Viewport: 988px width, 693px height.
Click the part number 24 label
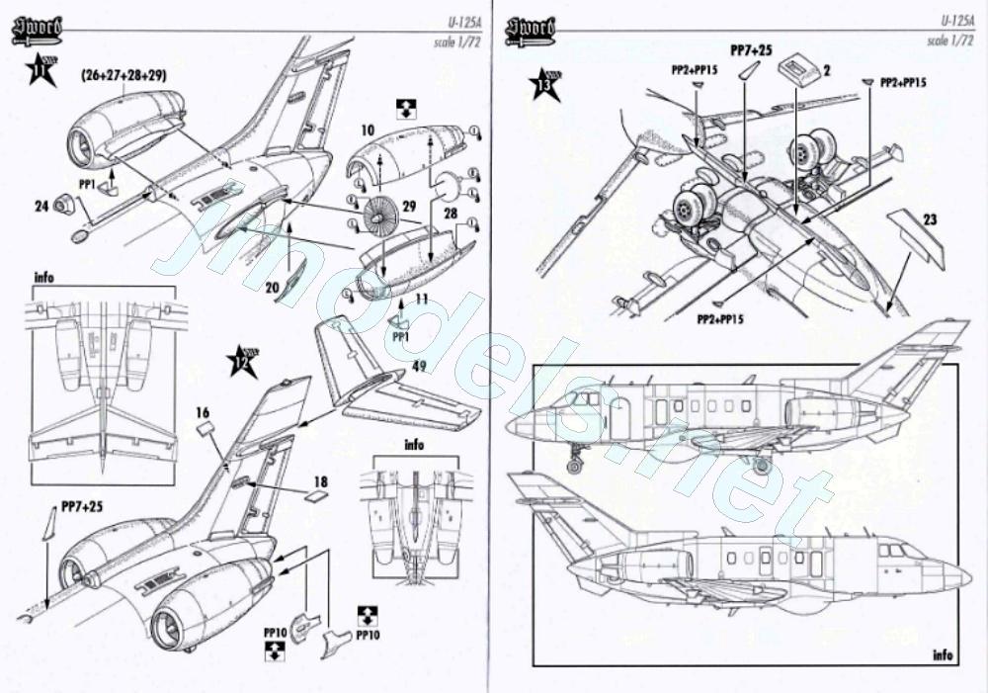click(x=41, y=207)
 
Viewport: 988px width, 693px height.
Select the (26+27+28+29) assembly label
click(x=124, y=75)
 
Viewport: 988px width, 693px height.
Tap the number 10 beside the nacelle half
click(x=368, y=130)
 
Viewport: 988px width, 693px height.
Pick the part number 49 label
click(x=419, y=367)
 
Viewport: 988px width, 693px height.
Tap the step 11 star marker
click(x=40, y=70)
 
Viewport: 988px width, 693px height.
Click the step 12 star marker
click(x=242, y=361)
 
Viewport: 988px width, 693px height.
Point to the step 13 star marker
click(x=544, y=85)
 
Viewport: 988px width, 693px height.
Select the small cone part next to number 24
click(x=65, y=205)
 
